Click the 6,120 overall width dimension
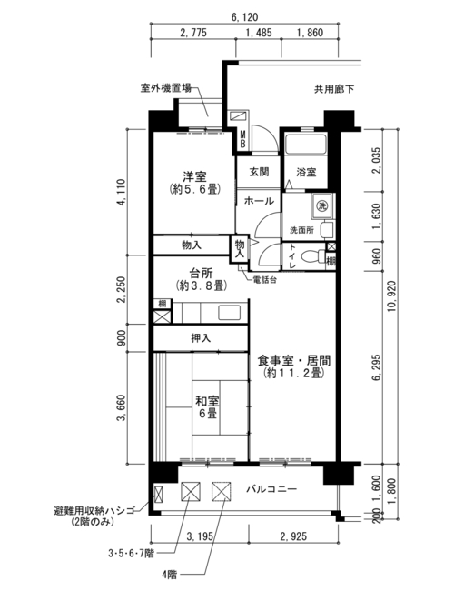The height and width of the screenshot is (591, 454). click(x=244, y=17)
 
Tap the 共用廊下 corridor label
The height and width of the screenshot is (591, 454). click(x=334, y=89)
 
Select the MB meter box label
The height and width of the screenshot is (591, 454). click(x=242, y=139)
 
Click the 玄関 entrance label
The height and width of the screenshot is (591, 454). click(x=260, y=172)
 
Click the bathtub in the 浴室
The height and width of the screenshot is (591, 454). click(x=305, y=144)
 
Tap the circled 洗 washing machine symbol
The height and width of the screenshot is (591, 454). click(x=321, y=205)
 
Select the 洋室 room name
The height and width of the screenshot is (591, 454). click(x=194, y=176)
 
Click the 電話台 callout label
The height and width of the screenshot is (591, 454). click(x=264, y=280)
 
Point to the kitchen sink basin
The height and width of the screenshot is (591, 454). click(x=229, y=313)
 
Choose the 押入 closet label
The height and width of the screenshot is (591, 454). click(x=201, y=338)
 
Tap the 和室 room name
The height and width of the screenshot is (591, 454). click(x=207, y=401)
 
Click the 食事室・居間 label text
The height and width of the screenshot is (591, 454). click(x=293, y=361)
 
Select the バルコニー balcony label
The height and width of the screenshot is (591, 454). click(x=271, y=489)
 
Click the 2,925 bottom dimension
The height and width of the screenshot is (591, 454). click(x=293, y=536)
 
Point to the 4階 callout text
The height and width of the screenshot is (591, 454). click(x=169, y=575)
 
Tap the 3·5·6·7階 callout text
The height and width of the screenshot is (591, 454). click(x=131, y=554)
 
